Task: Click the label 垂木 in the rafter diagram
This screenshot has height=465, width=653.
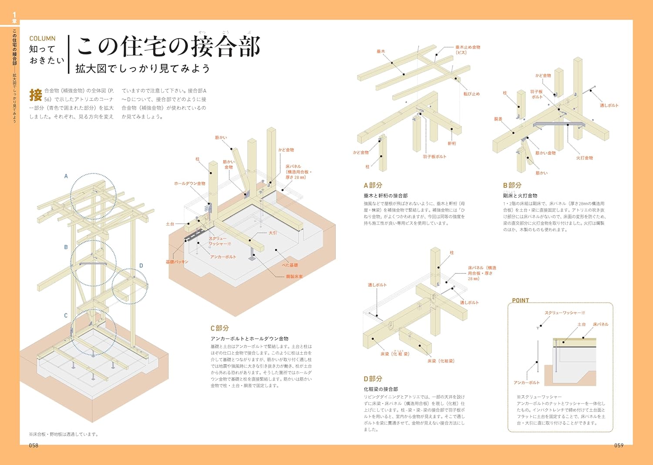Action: click(x=381, y=51)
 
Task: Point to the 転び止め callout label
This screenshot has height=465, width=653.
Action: click(x=471, y=94)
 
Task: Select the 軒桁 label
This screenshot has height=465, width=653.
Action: click(x=452, y=143)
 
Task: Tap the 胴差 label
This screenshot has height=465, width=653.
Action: click(x=498, y=119)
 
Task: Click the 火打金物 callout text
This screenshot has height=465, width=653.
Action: click(x=585, y=158)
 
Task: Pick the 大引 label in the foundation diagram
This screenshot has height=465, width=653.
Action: click(x=273, y=233)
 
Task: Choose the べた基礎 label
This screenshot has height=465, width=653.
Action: click(x=289, y=265)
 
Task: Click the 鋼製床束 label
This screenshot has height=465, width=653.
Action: click(x=294, y=276)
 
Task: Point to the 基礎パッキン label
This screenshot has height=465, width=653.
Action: click(x=177, y=262)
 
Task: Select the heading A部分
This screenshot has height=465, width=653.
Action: click(x=373, y=185)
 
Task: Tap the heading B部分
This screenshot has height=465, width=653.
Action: click(x=512, y=185)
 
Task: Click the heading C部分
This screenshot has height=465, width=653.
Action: click(x=220, y=328)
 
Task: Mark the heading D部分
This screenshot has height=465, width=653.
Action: click(x=373, y=379)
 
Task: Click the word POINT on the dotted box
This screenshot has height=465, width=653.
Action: click(x=520, y=300)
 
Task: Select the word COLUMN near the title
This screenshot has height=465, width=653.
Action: click(x=42, y=39)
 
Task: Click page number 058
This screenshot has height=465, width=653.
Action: click(x=34, y=445)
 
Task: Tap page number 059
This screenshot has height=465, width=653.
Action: click(x=619, y=445)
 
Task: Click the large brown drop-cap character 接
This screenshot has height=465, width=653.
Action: click(x=36, y=95)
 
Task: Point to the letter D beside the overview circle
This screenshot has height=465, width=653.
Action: click(x=141, y=265)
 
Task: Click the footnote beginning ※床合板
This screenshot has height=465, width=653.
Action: click(x=64, y=434)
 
